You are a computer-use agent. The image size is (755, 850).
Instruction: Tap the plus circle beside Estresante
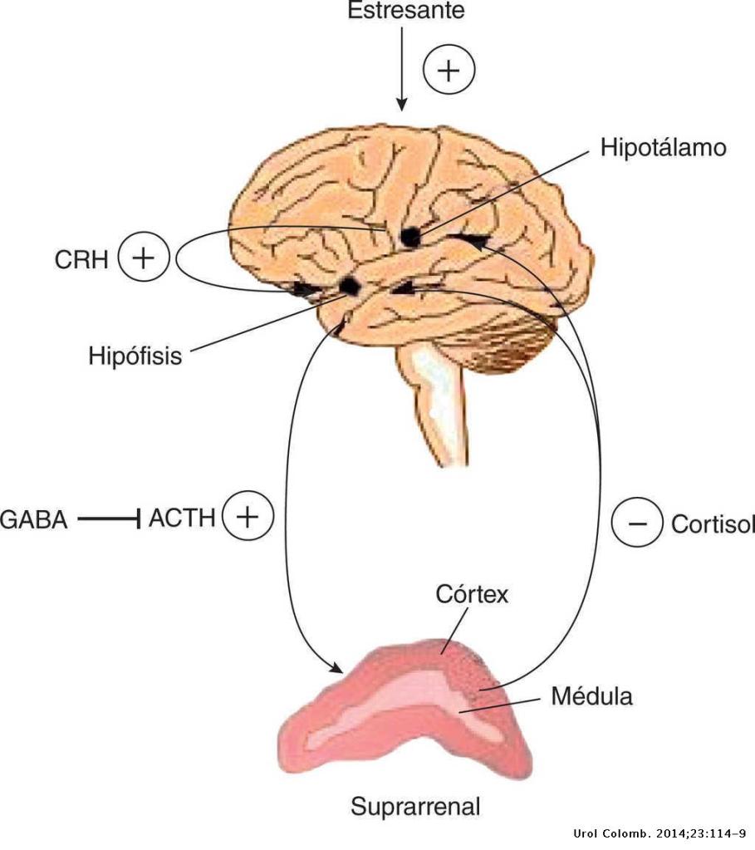[449, 71]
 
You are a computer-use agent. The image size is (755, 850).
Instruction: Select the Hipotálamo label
[663, 148]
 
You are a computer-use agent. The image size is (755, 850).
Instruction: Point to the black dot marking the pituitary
[350, 287]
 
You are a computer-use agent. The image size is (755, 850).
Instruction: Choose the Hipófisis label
[135, 356]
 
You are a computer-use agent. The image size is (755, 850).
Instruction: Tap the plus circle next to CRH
[144, 258]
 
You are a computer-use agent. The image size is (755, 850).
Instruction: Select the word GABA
[33, 522]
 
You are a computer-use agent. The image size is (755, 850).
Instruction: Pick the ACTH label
[182, 519]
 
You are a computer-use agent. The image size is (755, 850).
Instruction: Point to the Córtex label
[472, 596]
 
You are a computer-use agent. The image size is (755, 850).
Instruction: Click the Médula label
[591, 695]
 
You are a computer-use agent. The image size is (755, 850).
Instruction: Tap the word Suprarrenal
[415, 806]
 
